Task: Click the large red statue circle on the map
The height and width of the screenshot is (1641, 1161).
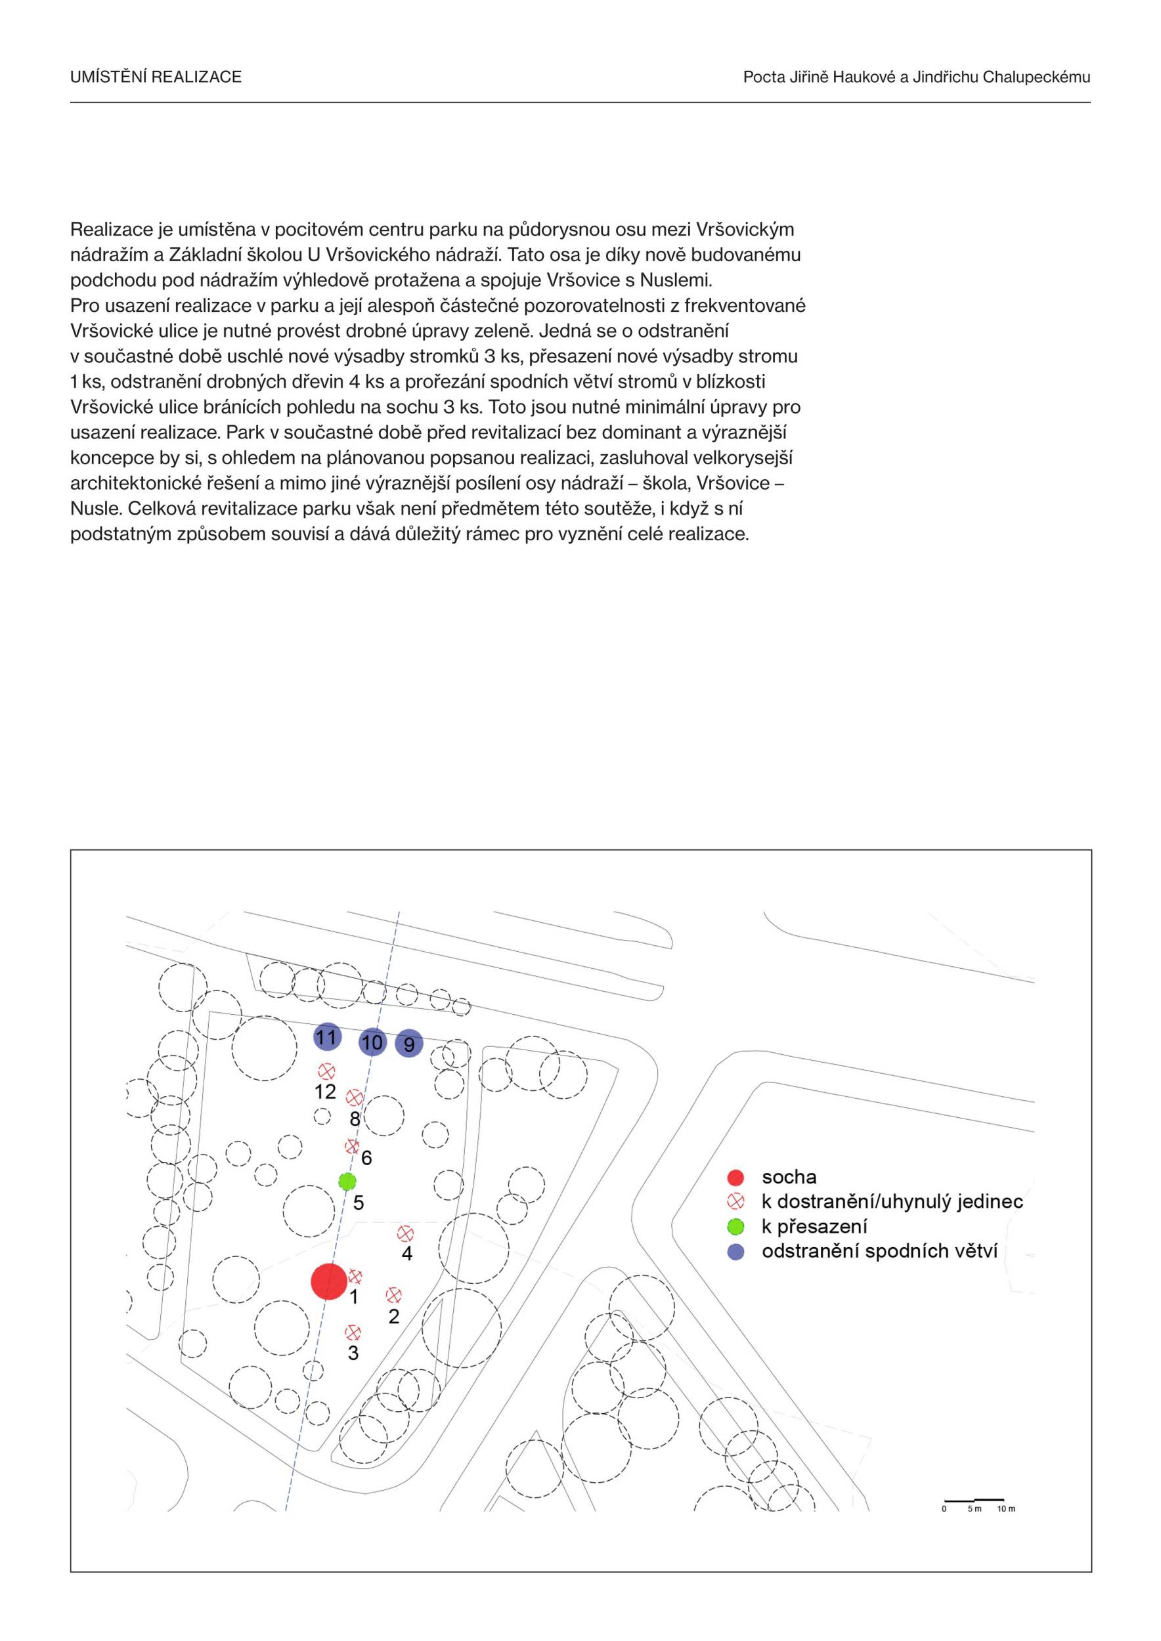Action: pos(329,1281)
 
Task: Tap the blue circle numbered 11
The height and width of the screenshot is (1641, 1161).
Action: pos(327,1037)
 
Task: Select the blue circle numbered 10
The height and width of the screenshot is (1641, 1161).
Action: pos(372,1043)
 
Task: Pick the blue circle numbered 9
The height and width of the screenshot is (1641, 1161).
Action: pos(409,1044)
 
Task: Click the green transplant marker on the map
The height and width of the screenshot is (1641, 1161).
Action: pos(347,1182)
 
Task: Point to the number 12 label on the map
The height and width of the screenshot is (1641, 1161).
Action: pos(325,1092)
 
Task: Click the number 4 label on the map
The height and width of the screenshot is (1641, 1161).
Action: pos(406,1253)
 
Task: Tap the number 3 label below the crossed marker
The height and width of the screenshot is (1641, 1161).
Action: pos(353,1352)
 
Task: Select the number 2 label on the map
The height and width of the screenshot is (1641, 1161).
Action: pos(394,1316)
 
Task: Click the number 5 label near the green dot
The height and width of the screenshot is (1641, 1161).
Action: pos(359,1203)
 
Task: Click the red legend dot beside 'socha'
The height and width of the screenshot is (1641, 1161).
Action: pos(735,1177)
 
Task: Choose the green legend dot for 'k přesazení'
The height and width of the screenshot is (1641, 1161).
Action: pos(735,1226)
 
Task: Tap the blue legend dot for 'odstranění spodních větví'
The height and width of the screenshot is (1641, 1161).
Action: pos(735,1252)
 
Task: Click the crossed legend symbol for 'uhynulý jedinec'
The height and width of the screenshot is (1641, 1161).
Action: pos(735,1201)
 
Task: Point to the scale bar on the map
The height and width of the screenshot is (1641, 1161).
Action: pos(974,1500)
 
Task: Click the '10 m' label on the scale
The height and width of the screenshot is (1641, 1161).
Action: pos(1006,1509)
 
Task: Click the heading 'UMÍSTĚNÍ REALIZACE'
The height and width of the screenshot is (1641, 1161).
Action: pos(156,77)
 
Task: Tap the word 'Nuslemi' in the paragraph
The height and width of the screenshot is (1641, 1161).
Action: pos(676,280)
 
